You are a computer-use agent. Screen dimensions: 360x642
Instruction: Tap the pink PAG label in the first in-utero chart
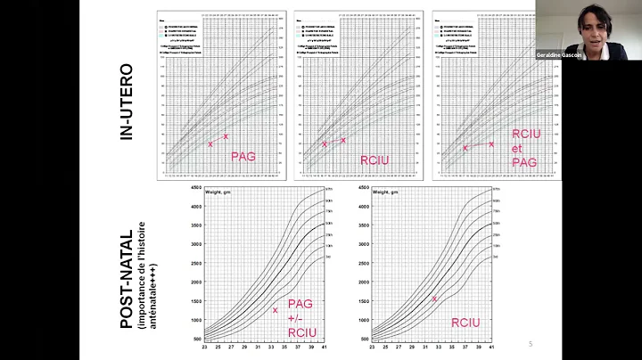tap(243, 156)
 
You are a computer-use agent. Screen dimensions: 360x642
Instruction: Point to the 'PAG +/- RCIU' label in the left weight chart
tap(300, 316)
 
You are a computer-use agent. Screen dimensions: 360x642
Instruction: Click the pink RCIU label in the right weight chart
tap(466, 323)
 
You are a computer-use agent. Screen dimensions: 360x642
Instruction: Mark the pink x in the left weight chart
tap(275, 310)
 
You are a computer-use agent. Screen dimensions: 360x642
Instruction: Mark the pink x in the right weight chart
tap(434, 299)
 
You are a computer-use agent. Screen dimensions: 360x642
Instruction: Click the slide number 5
tap(531, 344)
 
